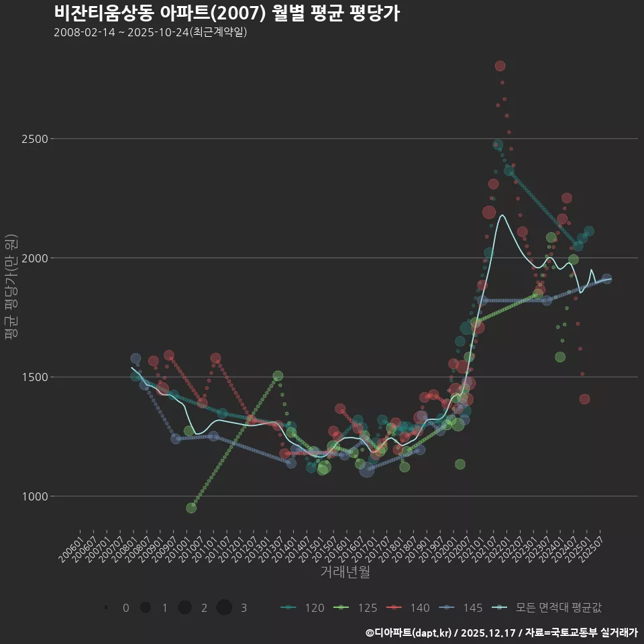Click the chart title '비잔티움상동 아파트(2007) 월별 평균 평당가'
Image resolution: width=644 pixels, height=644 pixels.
point(227,13)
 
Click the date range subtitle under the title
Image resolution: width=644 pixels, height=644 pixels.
point(150,32)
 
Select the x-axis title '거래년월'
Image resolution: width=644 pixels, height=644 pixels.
point(345,572)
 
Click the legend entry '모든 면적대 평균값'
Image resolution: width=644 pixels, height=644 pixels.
point(547,608)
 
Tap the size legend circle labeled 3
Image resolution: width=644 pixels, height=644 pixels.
point(224,608)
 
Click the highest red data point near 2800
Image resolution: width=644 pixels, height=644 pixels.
point(500,66)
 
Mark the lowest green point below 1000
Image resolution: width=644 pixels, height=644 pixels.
point(191,508)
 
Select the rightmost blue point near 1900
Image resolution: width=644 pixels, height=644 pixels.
point(606,279)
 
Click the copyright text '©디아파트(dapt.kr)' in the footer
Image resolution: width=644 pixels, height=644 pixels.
point(408,633)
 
